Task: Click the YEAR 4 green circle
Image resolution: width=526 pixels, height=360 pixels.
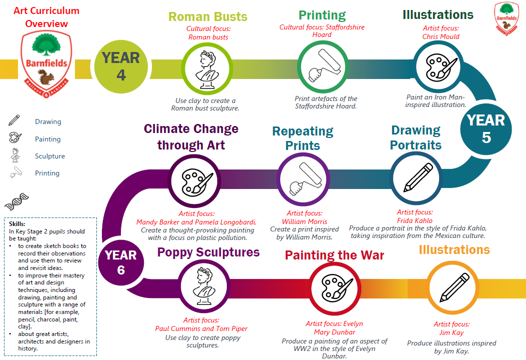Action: click(x=121, y=67)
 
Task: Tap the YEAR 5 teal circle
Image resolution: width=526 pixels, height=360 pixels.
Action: click(x=486, y=129)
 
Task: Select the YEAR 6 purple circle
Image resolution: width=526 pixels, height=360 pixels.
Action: click(x=121, y=262)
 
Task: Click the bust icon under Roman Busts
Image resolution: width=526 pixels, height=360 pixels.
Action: click(x=207, y=70)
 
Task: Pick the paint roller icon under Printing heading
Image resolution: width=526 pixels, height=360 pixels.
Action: click(x=323, y=66)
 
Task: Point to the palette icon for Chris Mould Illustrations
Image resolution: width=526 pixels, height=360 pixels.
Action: click(x=441, y=67)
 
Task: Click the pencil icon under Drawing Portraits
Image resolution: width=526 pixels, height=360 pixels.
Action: click(x=418, y=177)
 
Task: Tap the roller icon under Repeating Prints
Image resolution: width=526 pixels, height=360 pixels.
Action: click(x=305, y=178)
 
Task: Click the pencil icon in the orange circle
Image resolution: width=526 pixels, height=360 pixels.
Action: click(x=455, y=287)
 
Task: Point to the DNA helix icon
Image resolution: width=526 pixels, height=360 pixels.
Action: click(x=16, y=201)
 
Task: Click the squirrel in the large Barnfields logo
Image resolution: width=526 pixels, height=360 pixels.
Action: click(x=46, y=77)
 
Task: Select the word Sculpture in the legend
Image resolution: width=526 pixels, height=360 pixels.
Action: click(x=50, y=156)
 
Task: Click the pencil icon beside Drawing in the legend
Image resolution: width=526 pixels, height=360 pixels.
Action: click(x=14, y=120)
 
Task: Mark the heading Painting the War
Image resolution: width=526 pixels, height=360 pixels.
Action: click(x=335, y=255)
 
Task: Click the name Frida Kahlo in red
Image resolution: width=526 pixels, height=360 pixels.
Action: click(x=415, y=220)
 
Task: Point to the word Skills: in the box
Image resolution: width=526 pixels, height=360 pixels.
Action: click(x=17, y=224)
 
